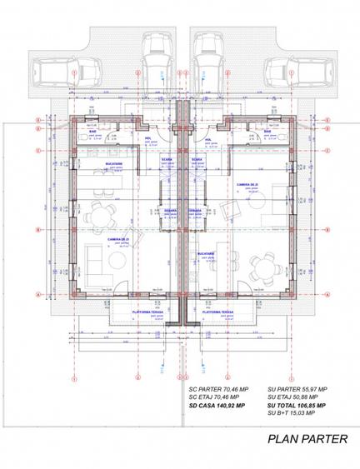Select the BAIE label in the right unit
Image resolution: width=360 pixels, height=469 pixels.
[x=267, y=131]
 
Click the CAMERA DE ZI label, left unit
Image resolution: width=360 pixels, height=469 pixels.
[x=117, y=239]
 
